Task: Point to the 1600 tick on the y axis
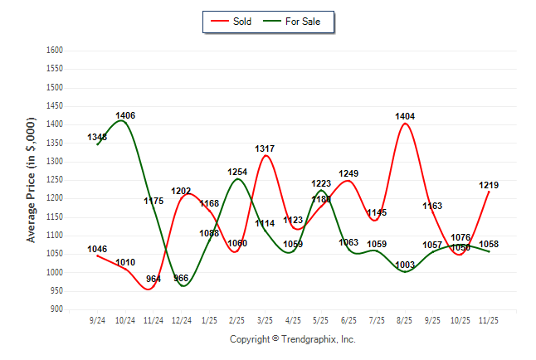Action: point(54,51)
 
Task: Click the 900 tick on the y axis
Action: point(56,309)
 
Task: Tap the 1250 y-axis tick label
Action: point(54,180)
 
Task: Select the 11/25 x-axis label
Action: point(489,320)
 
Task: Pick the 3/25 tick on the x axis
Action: point(266,320)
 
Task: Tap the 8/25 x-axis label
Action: point(405,320)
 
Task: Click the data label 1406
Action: point(125,115)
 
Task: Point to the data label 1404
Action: point(405,116)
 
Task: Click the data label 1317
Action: point(266,148)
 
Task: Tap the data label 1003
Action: point(405,265)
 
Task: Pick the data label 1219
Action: point(489,185)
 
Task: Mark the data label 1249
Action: point(349,173)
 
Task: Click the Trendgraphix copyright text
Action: point(292,339)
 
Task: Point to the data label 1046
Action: point(98,249)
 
